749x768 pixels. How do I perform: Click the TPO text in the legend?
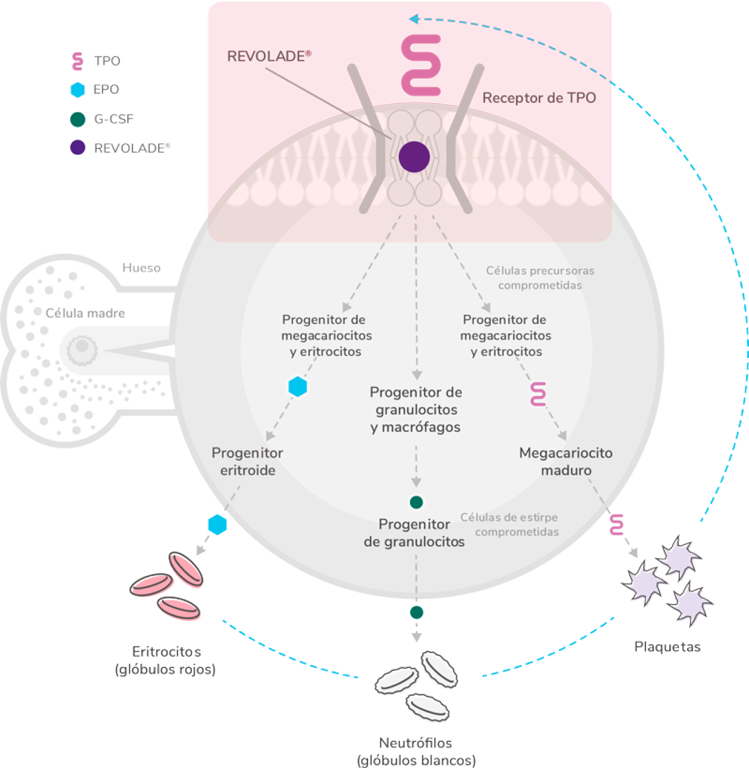pyautogui.click(x=106, y=61)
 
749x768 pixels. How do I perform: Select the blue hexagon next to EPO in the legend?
pyautogui.click(x=77, y=90)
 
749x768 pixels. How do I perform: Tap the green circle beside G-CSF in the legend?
pyautogui.click(x=77, y=119)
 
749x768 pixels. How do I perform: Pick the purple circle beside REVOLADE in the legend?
pyautogui.click(x=77, y=148)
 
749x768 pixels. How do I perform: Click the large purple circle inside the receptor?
pyautogui.click(x=414, y=157)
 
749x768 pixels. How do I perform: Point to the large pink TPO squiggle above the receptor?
pyautogui.click(x=421, y=65)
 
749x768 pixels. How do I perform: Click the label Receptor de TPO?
pyautogui.click(x=538, y=98)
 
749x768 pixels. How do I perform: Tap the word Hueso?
pyautogui.click(x=141, y=268)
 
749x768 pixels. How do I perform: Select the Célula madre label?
pyautogui.click(x=85, y=313)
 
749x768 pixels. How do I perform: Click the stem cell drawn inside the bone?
pyautogui.click(x=82, y=349)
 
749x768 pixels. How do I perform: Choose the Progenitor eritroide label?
pyautogui.click(x=247, y=461)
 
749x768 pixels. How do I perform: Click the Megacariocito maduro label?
pyautogui.click(x=565, y=461)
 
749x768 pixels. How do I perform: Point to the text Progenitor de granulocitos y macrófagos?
pyautogui.click(x=416, y=410)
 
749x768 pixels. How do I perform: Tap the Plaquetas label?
pyautogui.click(x=667, y=646)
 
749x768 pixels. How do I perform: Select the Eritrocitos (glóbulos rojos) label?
pyautogui.click(x=166, y=660)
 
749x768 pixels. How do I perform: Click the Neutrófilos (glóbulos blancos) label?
pyautogui.click(x=415, y=751)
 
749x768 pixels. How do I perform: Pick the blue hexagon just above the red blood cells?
pyautogui.click(x=217, y=524)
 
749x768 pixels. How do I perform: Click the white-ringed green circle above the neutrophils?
pyautogui.click(x=416, y=612)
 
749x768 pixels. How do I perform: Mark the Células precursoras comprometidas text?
pyautogui.click(x=540, y=278)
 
